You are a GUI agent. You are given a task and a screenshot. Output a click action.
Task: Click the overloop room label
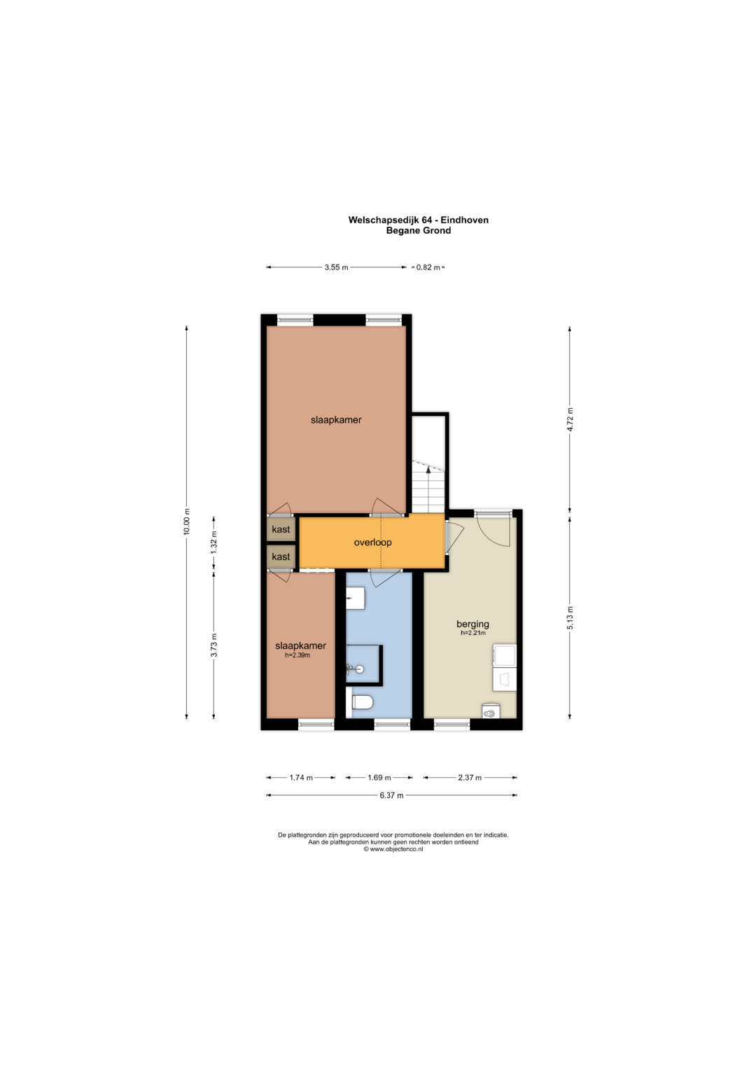(372, 542)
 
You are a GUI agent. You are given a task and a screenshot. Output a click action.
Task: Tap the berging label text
(472, 624)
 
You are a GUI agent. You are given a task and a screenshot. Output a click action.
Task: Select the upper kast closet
(281, 529)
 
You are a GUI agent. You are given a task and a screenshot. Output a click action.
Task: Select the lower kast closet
(281, 557)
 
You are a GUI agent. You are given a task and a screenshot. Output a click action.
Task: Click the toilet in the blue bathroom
(362, 702)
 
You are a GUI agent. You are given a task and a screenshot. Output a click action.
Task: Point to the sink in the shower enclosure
(355, 669)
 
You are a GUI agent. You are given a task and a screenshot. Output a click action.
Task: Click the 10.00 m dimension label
(187, 522)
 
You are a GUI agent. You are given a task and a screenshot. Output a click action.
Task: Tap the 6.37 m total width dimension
(391, 795)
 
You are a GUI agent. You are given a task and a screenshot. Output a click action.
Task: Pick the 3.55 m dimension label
(336, 267)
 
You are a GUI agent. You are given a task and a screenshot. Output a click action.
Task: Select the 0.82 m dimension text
(428, 267)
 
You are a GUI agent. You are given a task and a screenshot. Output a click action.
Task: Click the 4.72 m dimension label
(570, 419)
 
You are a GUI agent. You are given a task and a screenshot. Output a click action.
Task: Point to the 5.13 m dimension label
(570, 617)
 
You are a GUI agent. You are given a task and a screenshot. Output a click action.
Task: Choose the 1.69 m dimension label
(379, 777)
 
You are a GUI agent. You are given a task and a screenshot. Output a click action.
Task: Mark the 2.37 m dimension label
(470, 777)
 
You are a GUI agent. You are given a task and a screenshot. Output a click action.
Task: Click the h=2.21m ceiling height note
(473, 633)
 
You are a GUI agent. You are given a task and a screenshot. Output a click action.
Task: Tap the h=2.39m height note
(297, 655)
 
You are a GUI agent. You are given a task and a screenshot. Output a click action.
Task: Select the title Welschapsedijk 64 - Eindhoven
(418, 220)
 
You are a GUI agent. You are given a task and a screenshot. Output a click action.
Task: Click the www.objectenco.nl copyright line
(393, 849)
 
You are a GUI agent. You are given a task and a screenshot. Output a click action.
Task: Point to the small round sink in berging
(490, 711)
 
